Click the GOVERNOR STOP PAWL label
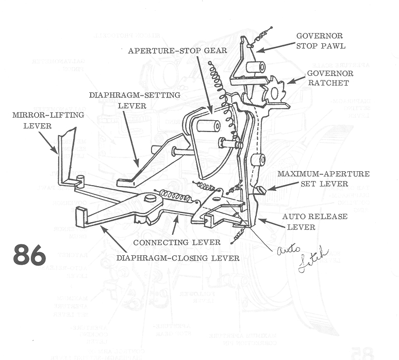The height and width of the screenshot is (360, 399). [320, 41]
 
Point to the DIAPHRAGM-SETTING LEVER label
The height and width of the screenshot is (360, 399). [135, 100]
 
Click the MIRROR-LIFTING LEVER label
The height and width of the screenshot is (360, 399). [32, 120]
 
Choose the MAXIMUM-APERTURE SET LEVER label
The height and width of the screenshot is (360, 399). [323, 178]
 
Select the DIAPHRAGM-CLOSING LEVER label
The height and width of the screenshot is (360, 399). [177, 257]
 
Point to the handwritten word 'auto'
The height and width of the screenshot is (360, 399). [284, 250]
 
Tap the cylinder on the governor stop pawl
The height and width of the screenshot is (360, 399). [255, 67]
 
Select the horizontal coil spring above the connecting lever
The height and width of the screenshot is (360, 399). [175, 196]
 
